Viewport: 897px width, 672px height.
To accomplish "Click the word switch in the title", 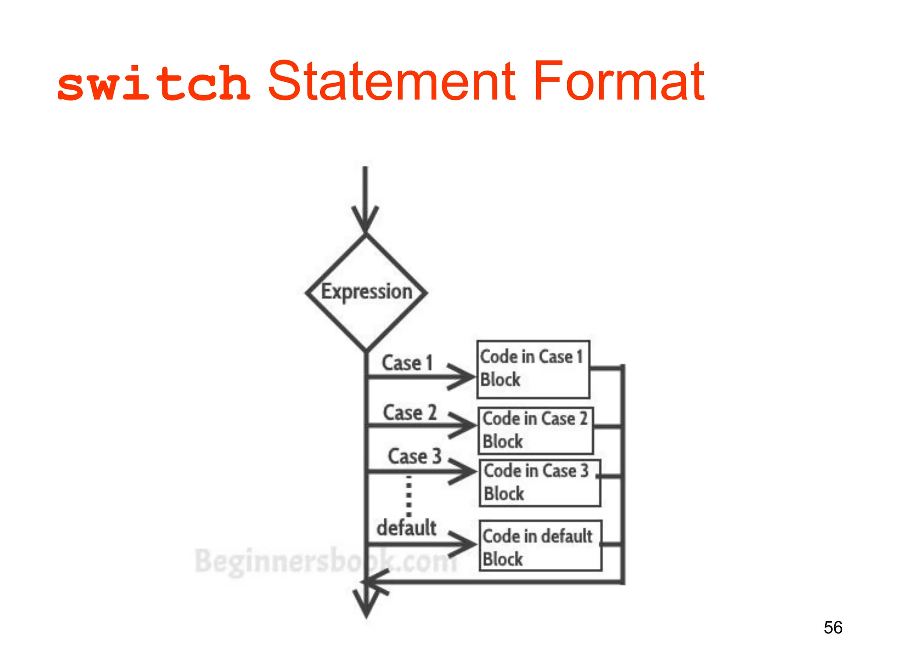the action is pos(153,83).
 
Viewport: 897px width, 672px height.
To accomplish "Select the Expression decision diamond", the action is pos(366,292).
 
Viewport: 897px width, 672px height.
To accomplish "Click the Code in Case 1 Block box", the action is pos(533,369).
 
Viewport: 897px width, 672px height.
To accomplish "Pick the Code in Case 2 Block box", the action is pos(536,430).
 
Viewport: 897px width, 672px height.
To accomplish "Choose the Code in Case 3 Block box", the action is pos(540,483).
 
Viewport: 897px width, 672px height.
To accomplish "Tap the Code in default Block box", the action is pos(540,546).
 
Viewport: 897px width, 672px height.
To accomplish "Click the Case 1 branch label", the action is pos(407,363).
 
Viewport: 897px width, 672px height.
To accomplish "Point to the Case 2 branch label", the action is pos(410,413).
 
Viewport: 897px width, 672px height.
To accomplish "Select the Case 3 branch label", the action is pos(414,456).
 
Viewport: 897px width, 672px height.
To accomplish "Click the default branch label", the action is pos(406,528).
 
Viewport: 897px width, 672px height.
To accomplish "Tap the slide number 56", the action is pos(833,627).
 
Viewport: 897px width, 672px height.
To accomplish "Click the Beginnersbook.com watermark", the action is pos(324,561).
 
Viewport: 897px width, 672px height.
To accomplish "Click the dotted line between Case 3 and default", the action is pos(409,497).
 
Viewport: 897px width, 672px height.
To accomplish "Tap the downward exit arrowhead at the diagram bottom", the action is pos(367,606).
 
